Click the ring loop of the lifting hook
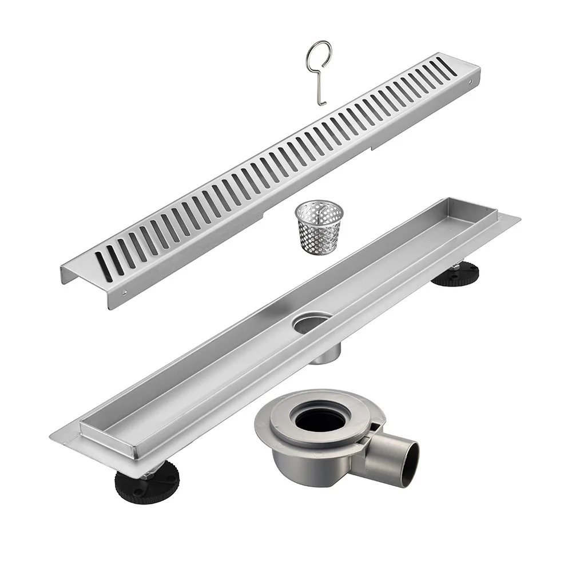tap(317, 52)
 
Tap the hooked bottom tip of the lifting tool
tap(321, 104)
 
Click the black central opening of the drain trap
tap(320, 420)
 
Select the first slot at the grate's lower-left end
tap(104, 266)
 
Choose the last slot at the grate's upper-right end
tap(447, 66)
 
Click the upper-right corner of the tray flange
tap(519, 218)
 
